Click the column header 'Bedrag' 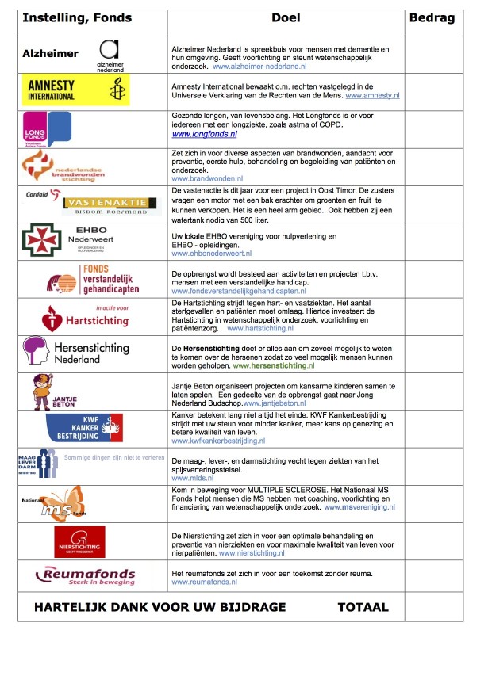(432, 18)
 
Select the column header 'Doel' (286, 18)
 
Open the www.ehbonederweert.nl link (212, 254)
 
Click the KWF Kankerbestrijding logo (84, 428)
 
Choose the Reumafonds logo (86, 576)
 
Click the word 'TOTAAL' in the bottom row (363, 607)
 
